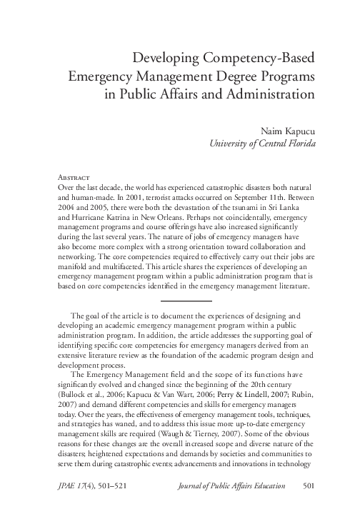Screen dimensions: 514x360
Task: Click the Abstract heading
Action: [73, 176]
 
